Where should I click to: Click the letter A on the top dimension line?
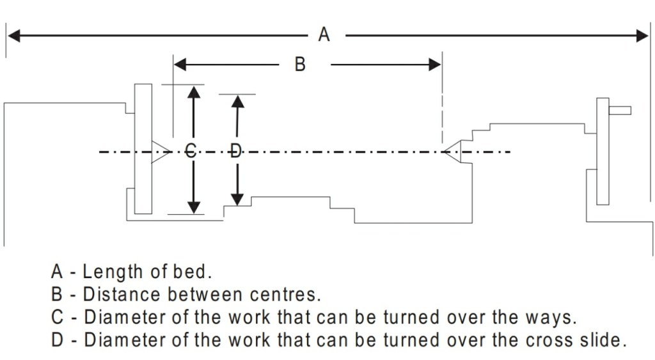pos(324,35)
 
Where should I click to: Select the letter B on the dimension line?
pos(299,64)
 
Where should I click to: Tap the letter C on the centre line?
pos(191,152)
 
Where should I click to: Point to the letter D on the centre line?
pos(235,152)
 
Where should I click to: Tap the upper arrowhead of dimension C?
pos(194,91)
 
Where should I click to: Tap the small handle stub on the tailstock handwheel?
pos(620,110)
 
